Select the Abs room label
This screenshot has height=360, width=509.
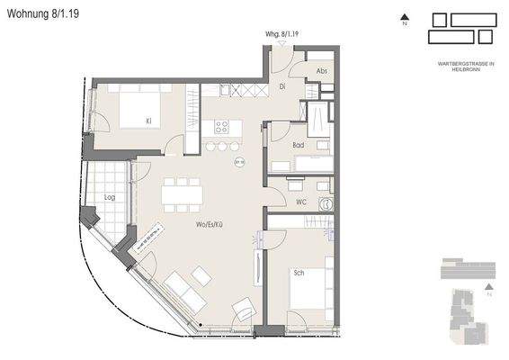(321, 71)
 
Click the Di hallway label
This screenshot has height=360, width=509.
(281, 86)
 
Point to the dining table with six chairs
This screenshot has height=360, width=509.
(183, 193)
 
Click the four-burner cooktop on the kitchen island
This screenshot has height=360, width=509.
(220, 127)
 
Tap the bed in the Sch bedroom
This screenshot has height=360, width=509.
(310, 292)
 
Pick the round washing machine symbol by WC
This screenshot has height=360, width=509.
(326, 204)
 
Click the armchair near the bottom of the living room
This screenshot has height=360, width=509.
(244, 310)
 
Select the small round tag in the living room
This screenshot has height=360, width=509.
(239, 163)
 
